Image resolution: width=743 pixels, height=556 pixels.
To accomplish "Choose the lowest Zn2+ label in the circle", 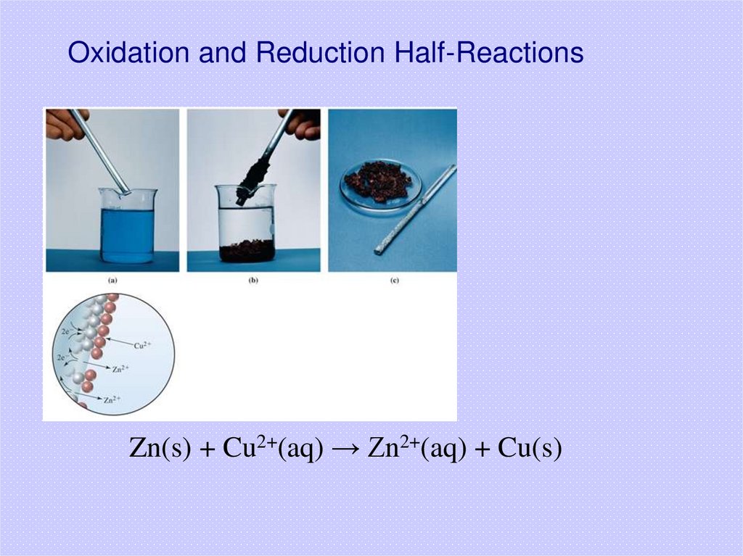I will tap(112, 399).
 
